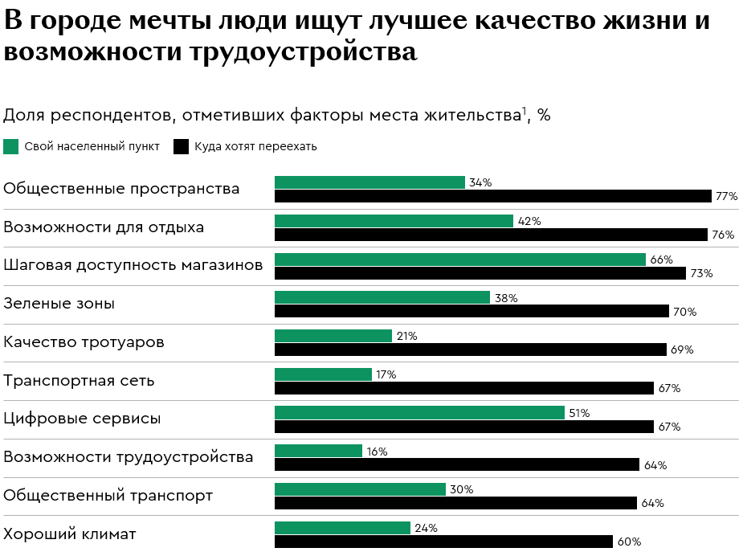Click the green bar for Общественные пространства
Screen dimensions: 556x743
369,182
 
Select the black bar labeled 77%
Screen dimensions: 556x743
492,196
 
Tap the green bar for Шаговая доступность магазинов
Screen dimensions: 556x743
459,260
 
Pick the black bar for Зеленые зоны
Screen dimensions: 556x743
472,311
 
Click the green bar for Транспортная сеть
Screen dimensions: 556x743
323,374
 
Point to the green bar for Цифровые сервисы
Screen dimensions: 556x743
419,413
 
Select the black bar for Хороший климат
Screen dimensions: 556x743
443,542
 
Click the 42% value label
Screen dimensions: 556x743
529,221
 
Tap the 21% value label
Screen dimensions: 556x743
406,336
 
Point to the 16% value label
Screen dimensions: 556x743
377,452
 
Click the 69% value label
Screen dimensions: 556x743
682,350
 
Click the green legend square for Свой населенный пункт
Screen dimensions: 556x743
10,146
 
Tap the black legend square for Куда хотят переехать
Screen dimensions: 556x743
181,146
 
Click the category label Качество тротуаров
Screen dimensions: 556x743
84,342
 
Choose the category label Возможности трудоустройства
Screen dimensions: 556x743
128,457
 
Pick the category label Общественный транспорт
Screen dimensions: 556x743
108,496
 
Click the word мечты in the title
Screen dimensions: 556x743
193,22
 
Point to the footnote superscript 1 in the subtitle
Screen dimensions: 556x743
525,110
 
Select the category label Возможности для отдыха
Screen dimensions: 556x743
104,227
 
